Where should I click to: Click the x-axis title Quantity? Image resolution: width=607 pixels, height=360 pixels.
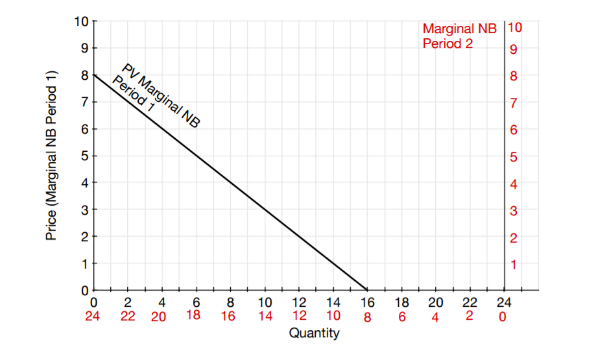(314, 334)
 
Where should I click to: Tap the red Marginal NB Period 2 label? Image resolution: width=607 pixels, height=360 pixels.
(459, 36)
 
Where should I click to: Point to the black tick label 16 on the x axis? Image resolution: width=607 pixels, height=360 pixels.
(367, 302)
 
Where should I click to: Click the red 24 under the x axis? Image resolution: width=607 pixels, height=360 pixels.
(95, 317)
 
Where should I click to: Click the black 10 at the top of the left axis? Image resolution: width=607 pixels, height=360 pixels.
(80, 21)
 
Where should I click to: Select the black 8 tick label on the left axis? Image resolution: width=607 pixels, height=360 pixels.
(84, 75)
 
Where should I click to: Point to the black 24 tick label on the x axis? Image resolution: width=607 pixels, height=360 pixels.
(503, 302)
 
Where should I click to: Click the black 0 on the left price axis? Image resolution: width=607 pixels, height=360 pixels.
(84, 291)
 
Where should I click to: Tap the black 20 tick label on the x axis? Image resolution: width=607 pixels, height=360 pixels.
(436, 302)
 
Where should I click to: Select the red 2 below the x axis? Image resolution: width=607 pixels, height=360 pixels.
(470, 316)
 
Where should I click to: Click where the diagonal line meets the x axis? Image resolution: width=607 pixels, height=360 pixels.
(367, 290)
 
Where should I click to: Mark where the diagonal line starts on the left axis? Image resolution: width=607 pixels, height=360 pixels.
(95, 75)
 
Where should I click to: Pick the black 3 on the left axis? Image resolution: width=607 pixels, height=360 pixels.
(84, 210)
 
